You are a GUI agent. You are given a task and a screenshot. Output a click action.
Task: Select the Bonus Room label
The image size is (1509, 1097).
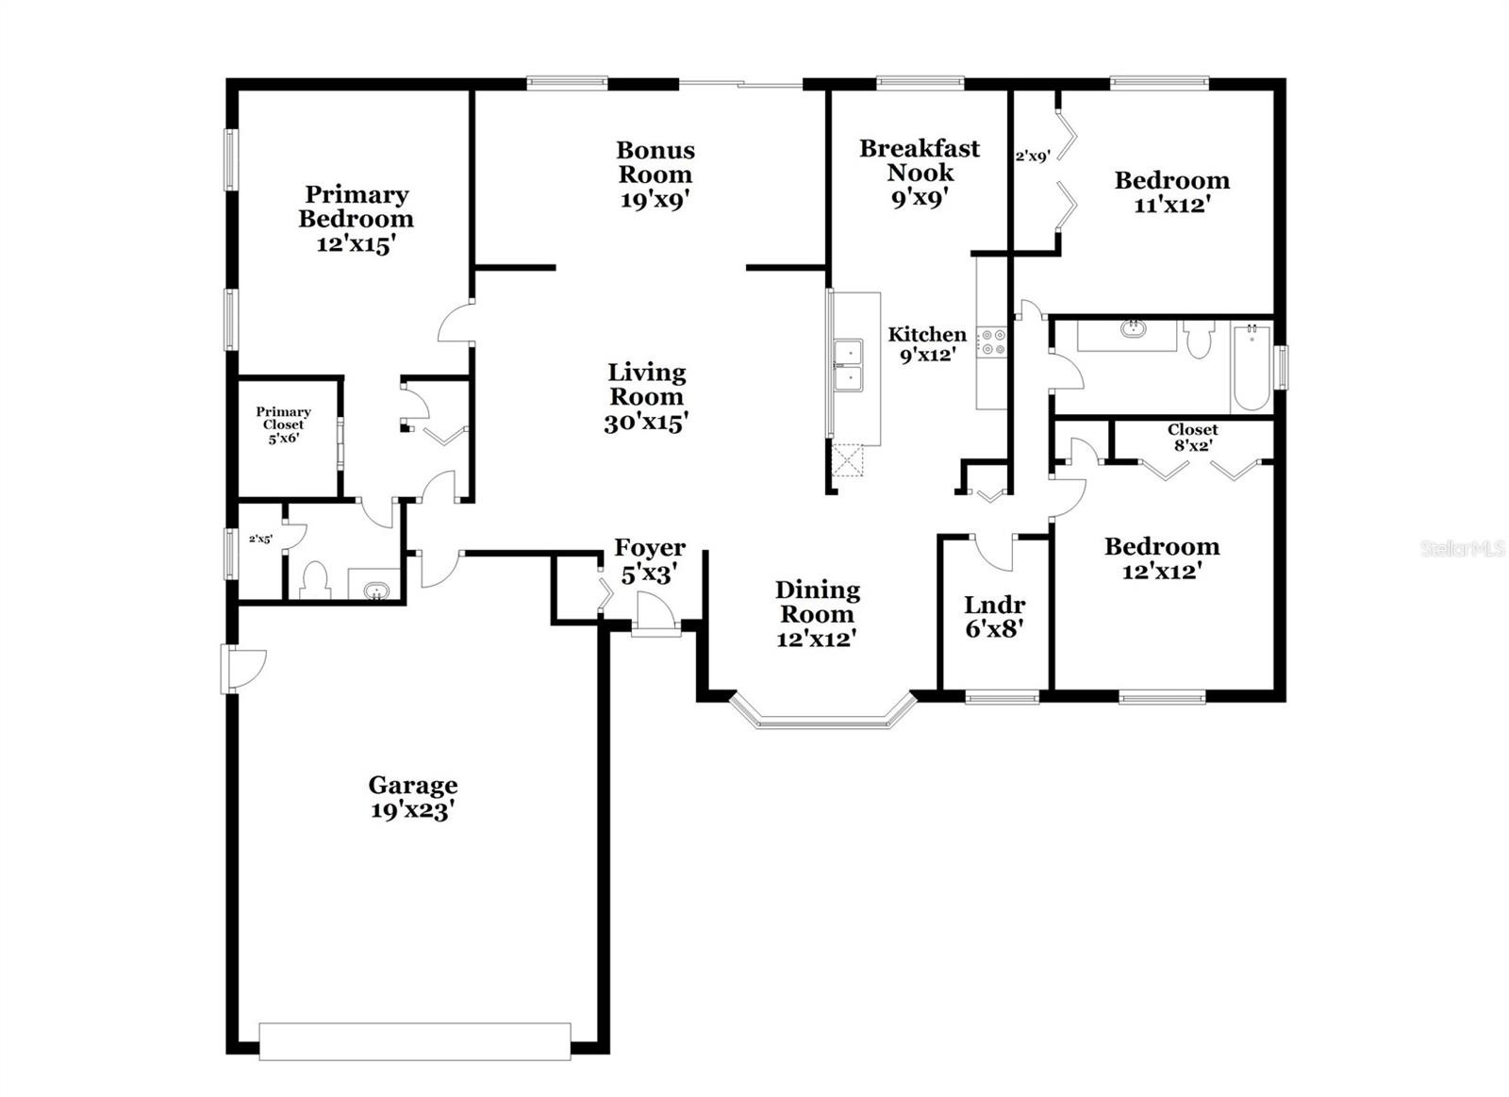(655, 161)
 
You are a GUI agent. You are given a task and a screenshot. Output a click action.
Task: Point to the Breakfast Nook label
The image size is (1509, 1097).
(920, 159)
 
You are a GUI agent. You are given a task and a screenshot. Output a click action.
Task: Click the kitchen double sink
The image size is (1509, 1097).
(849, 365)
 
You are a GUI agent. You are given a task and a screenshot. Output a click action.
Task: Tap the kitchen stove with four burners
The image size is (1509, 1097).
(992, 341)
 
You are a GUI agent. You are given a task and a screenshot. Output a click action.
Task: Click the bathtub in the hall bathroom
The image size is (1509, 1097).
(1251, 368)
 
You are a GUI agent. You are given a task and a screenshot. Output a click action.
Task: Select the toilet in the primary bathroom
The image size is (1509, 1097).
(315, 579)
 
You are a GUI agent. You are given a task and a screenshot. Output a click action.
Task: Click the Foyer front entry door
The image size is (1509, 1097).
(655, 614)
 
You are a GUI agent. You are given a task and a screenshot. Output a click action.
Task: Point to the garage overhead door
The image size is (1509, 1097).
(415, 1041)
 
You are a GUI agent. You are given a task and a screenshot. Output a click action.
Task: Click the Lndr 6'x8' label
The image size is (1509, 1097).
(994, 617)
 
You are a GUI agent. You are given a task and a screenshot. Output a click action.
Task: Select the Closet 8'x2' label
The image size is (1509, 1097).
(1192, 437)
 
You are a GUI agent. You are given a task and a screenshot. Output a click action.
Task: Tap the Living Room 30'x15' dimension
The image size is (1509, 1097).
(646, 423)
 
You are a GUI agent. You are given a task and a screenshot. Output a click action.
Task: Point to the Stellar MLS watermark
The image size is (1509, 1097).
(1463, 549)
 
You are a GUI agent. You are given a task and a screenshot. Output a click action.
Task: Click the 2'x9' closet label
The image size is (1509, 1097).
(1034, 157)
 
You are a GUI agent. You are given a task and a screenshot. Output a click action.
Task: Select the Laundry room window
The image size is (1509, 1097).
(1002, 698)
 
